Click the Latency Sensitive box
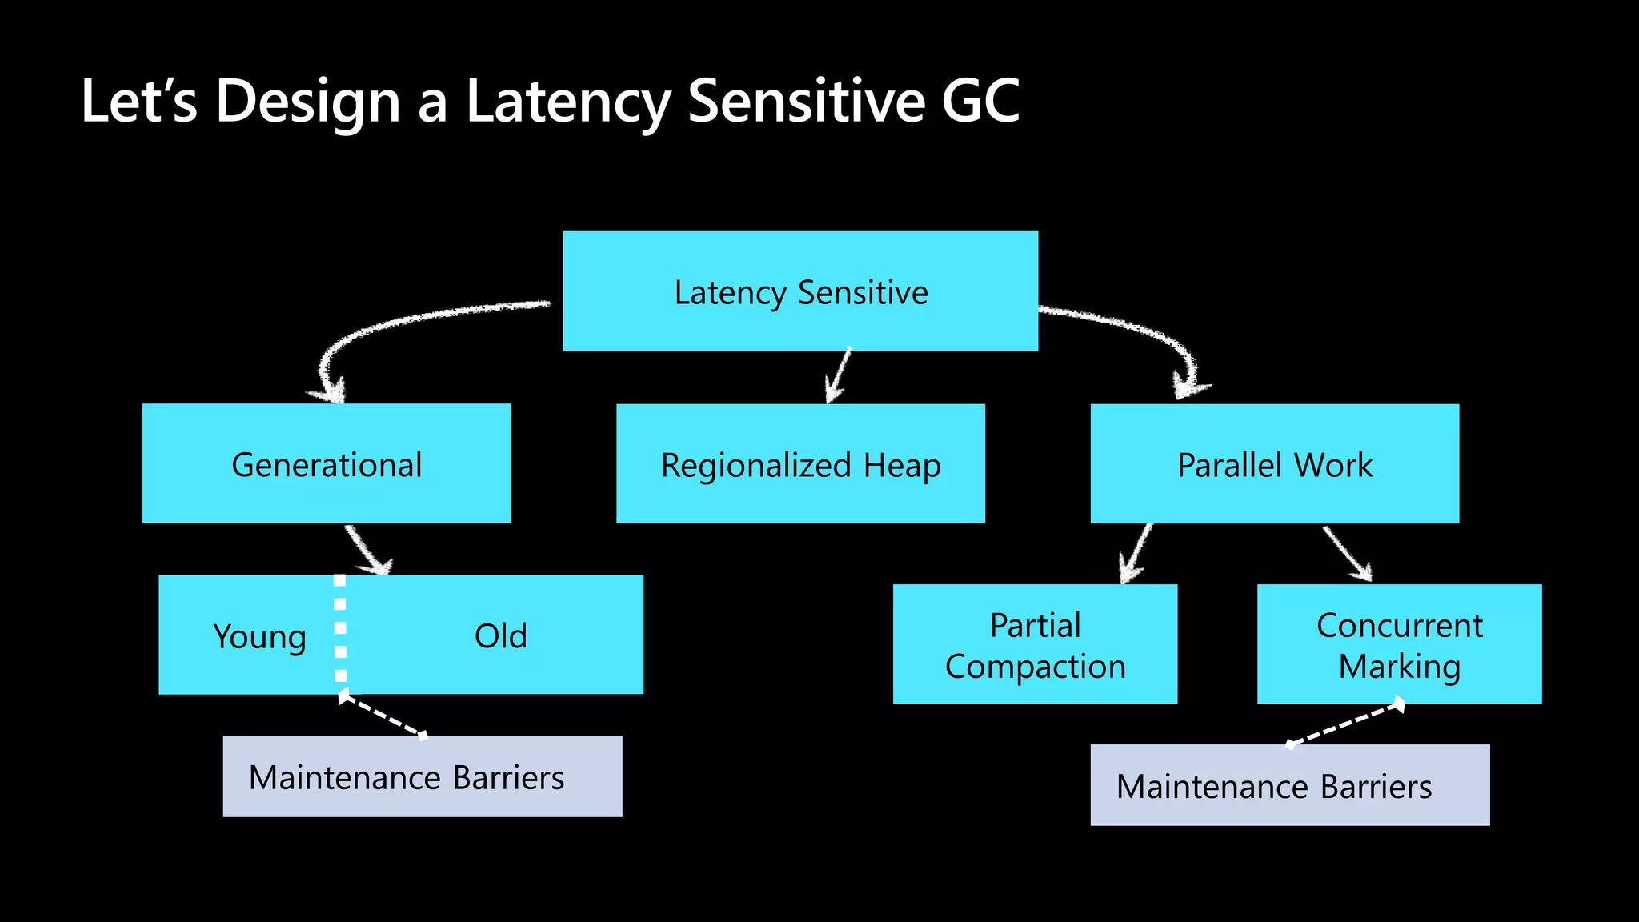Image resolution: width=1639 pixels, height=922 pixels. coord(800,291)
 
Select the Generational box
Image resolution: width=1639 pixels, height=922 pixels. coord(327,463)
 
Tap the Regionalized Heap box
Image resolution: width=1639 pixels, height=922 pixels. coord(800,464)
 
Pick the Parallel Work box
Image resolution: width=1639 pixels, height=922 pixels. coord(1274,464)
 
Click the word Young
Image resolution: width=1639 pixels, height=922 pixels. coord(259,636)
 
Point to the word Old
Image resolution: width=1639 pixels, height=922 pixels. coord(501,636)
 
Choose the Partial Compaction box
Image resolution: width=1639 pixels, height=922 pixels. coord(1035,644)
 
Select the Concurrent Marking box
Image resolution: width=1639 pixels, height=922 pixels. coord(1399,644)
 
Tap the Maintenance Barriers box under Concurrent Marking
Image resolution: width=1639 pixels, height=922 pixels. coord(1289,785)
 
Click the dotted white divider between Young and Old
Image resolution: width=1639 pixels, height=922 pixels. coord(340,632)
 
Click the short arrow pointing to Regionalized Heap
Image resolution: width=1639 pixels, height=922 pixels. coord(840,375)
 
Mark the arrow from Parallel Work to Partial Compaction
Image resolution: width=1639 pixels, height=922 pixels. coord(1136,552)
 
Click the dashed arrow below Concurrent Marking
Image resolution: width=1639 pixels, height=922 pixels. coord(1344,724)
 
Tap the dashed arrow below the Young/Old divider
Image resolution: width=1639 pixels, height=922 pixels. coord(383,716)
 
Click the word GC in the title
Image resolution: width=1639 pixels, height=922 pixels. coord(980,102)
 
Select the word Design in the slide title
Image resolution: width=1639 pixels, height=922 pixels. coord(307,102)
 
